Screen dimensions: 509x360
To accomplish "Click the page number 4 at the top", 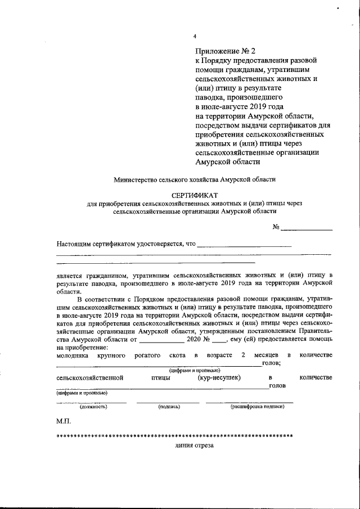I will (195, 37).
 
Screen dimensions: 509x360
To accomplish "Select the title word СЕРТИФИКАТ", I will (195, 195).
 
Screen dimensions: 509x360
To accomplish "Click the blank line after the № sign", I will (307, 227).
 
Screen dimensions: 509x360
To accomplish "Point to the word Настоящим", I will (75, 244).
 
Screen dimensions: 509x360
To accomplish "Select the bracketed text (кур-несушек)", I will (219, 377).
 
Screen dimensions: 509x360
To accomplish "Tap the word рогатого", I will (148, 355).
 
